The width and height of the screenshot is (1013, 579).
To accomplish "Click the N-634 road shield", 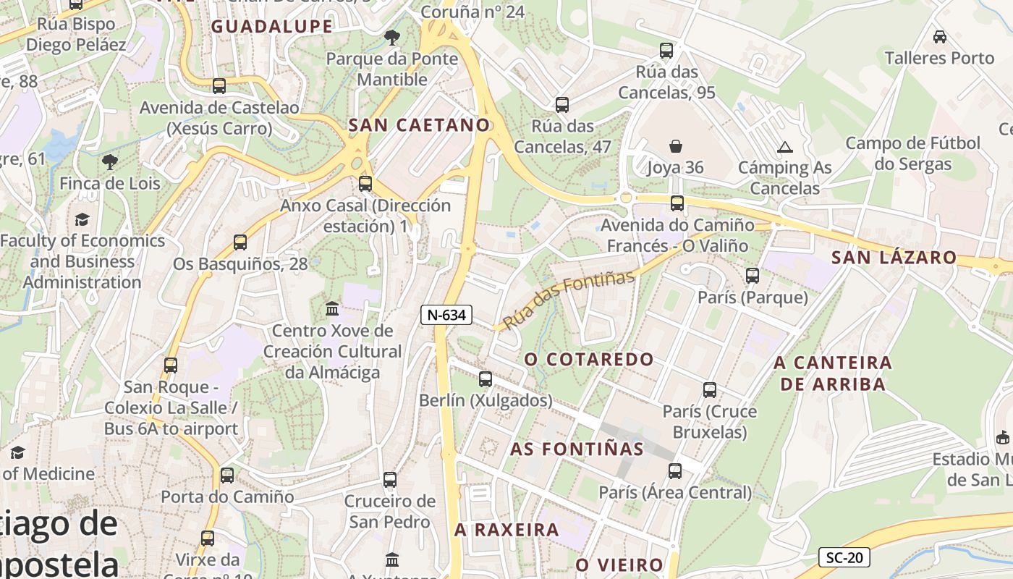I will coord(446,315).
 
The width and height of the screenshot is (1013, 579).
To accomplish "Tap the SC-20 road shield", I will coord(844,558).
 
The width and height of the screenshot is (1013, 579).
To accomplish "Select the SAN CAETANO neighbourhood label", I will coord(419,125).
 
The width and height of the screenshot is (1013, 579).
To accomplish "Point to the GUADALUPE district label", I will coord(271,27).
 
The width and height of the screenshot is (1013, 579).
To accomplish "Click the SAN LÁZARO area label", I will coord(894,258).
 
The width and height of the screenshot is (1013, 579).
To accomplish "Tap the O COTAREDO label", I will coord(588,359).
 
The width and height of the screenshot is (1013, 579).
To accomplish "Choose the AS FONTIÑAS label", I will coord(577,449).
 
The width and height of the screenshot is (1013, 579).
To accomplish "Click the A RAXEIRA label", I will coord(506,530).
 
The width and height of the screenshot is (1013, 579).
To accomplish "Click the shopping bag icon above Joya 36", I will coord(675,146).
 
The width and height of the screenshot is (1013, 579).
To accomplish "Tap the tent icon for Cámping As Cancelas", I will coord(784,147).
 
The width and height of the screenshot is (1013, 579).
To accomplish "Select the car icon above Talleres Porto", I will coord(939,37).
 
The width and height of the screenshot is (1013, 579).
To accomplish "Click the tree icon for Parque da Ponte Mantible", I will coord(391,37).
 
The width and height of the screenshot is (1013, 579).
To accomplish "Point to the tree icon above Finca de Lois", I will coord(109,161).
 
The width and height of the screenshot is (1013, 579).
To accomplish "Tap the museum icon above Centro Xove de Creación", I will coord(332,309).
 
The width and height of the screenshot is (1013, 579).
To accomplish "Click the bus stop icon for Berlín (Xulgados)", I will coord(486,379).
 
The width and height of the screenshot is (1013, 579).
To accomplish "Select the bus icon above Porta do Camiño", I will coord(227,476).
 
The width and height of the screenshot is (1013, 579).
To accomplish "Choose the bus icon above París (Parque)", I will coord(753,276).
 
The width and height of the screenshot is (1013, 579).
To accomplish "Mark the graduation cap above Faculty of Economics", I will coord(82,219).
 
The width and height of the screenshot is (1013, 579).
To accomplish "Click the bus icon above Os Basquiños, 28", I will coord(240,242).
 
